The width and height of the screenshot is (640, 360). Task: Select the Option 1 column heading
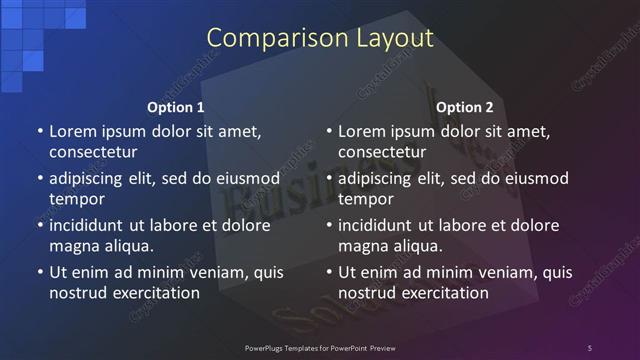[176, 107]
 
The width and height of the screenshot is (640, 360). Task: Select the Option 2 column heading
[465, 107]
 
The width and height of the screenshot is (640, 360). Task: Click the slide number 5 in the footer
[589, 347]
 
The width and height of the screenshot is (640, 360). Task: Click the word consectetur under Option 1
[93, 152]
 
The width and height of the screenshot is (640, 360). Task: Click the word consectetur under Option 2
[382, 152]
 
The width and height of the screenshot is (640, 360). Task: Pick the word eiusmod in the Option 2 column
[535, 179]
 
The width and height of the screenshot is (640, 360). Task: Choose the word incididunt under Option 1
[90, 225]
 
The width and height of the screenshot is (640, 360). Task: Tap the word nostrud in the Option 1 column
[76, 293]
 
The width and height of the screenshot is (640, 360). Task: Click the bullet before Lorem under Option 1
[40, 132]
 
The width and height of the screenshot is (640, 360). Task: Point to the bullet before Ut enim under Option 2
[329, 272]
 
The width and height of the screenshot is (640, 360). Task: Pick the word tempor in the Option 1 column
[74, 199]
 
